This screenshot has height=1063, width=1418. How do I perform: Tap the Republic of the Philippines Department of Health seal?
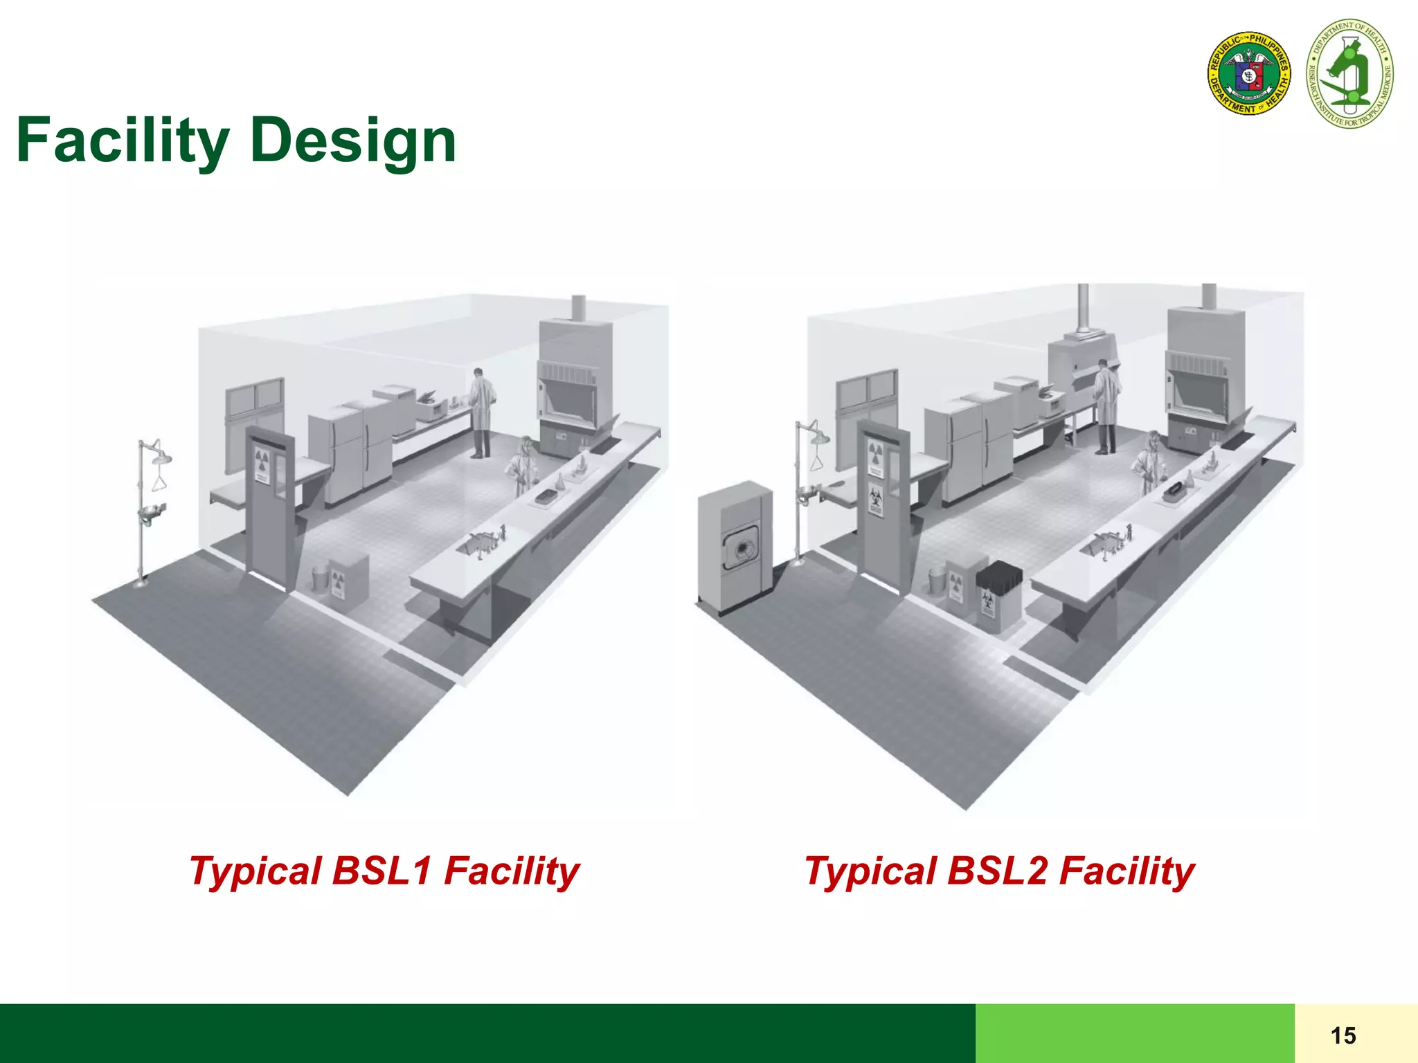[x=1249, y=73]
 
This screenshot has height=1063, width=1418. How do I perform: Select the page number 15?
[x=1343, y=1035]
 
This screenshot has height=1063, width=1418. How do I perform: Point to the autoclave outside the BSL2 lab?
[x=735, y=547]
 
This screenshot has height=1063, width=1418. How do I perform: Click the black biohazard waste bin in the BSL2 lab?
[x=998, y=595]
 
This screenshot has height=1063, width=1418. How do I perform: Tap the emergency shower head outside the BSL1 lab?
[x=161, y=457]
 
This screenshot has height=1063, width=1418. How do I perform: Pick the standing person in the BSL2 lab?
[x=1106, y=408]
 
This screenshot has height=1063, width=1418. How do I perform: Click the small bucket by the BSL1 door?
[x=319, y=577]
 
